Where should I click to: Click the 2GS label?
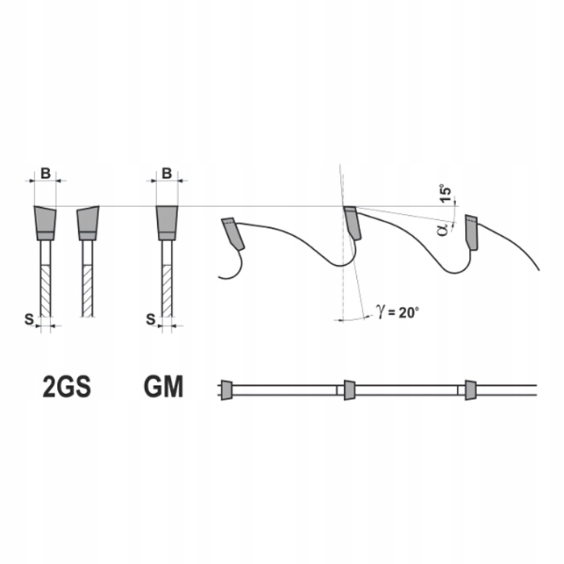67,387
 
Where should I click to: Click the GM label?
164,387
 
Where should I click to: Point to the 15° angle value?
446,195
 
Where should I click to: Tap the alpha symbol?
443,229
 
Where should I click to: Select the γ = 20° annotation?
397,312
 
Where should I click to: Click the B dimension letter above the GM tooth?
167,173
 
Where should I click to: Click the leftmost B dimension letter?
45,173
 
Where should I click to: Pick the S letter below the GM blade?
151,319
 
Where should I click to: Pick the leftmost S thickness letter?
29,319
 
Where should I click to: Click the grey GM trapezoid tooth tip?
167,222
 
